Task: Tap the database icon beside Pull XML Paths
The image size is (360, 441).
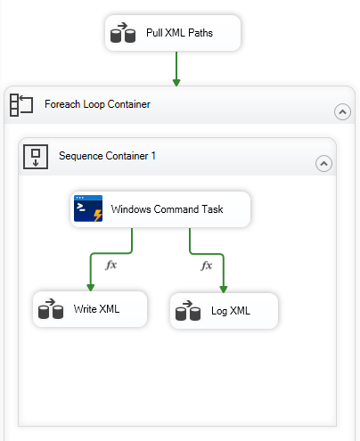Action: pos(122,35)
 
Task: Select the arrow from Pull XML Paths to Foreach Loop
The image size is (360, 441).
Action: pos(176,67)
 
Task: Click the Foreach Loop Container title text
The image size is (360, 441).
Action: pos(97,104)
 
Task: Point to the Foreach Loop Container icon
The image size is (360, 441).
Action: pos(20,105)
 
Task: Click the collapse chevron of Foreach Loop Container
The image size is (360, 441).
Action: pos(341,111)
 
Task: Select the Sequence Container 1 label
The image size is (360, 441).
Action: pos(107,156)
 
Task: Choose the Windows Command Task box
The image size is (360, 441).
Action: pos(160,210)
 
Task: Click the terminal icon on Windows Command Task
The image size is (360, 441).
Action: pos(88,210)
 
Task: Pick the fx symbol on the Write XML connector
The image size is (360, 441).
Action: pos(111,265)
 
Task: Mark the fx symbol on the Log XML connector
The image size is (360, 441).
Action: pos(207,265)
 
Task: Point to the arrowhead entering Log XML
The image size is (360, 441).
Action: pos(224,288)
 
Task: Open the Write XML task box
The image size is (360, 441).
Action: pos(88,309)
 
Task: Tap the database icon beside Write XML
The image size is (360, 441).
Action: pos(50,310)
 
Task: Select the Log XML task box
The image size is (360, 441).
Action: pos(225,311)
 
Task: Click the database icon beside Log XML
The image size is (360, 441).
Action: pos(187,312)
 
